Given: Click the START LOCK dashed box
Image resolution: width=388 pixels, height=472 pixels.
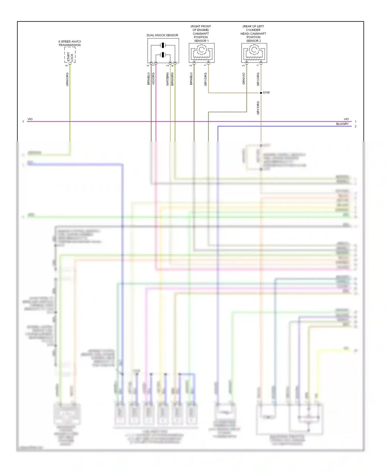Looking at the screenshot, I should [70, 55].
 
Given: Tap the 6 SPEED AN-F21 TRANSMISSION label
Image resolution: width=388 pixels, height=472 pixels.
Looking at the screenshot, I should [70, 43].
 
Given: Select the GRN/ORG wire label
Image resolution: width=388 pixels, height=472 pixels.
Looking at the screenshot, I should [67, 79].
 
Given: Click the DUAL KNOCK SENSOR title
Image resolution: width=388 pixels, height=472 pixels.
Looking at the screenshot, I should [162, 35].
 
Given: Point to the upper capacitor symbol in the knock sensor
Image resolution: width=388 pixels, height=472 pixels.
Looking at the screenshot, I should [163, 45].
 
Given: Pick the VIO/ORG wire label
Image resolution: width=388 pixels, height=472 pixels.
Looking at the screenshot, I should [153, 78].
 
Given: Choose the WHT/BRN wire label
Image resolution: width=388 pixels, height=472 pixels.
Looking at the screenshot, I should [167, 79].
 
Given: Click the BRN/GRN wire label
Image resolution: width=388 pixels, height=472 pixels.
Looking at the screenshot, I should [172, 79].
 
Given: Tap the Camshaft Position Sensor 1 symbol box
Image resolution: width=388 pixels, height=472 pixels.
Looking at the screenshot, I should [202, 53].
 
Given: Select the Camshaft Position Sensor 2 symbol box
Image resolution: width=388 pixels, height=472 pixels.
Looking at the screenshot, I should [254, 53].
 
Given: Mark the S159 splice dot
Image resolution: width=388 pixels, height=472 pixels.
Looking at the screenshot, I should [261, 93].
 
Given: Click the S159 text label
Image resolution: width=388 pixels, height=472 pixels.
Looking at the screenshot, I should [266, 92].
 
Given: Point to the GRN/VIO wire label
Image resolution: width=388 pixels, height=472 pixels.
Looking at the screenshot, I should [243, 78].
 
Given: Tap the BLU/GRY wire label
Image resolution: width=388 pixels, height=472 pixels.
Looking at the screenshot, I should [342, 124].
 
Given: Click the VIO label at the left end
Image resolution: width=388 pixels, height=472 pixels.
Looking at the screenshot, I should [30, 119].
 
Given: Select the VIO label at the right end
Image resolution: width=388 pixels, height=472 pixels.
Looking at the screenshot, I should [346, 119].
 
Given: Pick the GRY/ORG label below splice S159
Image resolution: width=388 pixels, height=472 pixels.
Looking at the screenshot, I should [258, 108].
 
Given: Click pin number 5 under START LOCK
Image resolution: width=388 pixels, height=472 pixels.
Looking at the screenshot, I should [66, 66].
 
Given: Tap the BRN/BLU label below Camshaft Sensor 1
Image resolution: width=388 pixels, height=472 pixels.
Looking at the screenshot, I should [191, 78].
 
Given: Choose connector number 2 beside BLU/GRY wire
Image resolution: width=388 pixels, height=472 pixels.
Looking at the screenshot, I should [355, 127].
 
